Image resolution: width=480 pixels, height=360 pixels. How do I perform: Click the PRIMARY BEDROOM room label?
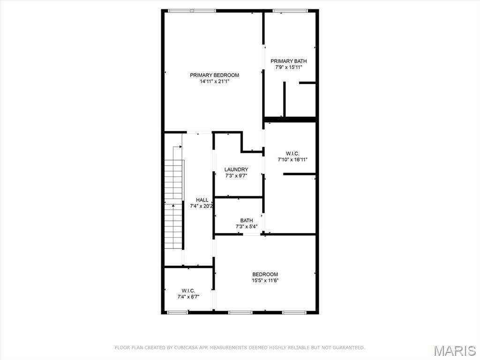(x=214, y=75)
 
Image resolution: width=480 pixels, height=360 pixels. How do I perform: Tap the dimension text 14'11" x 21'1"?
(x=214, y=82)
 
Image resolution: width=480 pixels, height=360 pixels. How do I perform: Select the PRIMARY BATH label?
(x=289, y=61)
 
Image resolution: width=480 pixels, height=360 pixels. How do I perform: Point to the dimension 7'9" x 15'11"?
(x=289, y=67)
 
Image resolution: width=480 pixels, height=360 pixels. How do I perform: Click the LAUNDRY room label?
(x=236, y=169)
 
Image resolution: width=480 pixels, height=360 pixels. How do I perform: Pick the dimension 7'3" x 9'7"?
(x=236, y=176)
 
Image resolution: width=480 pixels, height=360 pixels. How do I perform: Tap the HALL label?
(x=202, y=200)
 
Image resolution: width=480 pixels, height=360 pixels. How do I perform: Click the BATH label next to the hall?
(x=247, y=220)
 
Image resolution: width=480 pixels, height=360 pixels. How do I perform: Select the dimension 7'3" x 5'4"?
(x=247, y=227)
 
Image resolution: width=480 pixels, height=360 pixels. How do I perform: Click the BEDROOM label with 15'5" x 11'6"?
(x=265, y=274)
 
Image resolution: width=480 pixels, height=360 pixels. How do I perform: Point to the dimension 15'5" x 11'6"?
(x=265, y=281)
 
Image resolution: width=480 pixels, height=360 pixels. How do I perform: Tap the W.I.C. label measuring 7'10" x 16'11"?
(x=292, y=153)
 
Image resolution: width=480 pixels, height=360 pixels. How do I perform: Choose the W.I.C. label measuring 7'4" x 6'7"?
(x=188, y=291)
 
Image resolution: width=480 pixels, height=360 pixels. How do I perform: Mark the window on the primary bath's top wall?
(x=290, y=11)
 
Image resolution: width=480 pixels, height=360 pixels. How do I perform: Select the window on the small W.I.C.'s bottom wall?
(x=178, y=312)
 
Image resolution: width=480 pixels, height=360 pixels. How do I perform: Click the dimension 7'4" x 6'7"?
(x=188, y=297)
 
